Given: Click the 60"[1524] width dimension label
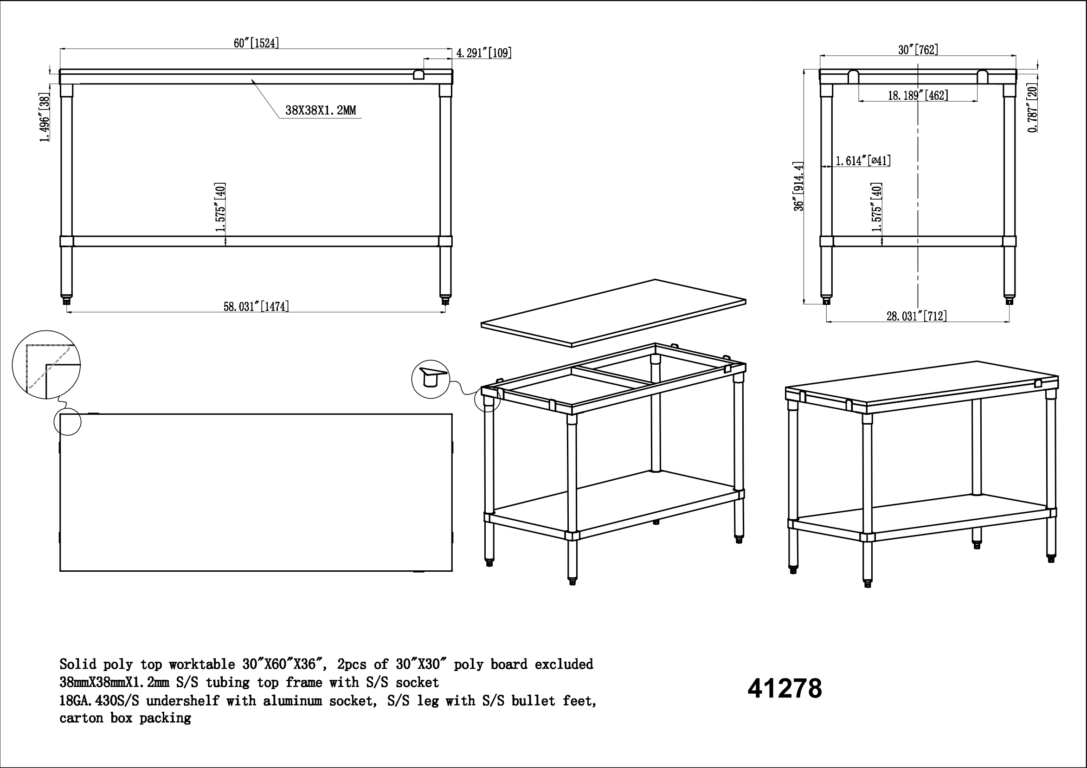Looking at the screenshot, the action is (256, 43).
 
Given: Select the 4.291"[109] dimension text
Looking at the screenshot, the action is (484, 52).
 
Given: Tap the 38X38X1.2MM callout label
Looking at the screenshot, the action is (321, 110).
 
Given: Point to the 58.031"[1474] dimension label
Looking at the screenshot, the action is (256, 306).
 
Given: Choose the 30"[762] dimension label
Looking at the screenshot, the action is (918, 50).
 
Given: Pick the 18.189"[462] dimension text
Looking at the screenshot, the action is (918, 95).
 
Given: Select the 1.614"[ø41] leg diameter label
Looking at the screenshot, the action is (862, 161).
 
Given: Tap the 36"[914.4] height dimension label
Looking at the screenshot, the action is (799, 186).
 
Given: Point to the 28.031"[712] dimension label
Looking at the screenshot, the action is (917, 316).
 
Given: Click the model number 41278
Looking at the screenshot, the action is (785, 689).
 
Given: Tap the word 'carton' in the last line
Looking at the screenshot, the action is (81, 718).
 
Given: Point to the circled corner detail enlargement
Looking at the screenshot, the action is (46, 365).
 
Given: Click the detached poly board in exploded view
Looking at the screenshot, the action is (613, 313).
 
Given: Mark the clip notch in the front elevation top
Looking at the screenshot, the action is (418, 74).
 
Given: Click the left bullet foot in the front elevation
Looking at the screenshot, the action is (67, 300).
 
